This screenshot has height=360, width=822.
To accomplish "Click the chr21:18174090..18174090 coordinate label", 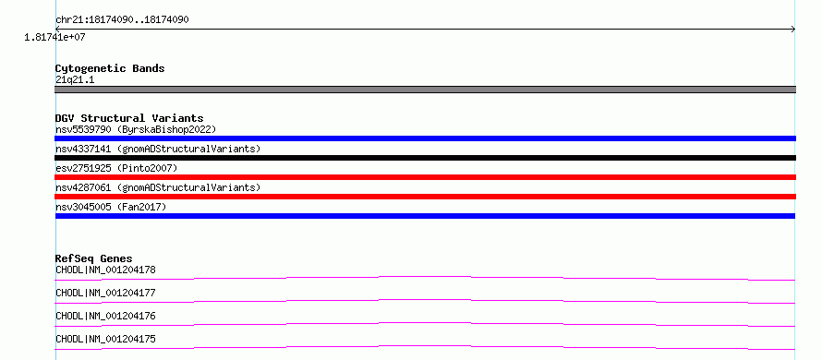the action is pos(122,20).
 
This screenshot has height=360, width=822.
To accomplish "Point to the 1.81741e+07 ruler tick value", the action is pos(54,38).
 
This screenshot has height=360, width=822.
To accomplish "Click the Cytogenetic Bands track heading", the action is pos(110,68).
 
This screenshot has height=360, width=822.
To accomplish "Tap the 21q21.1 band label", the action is pos(75,80).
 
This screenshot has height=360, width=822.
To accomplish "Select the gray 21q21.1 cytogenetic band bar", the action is pos(425,90).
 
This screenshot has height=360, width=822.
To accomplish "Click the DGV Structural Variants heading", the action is pos(129,118).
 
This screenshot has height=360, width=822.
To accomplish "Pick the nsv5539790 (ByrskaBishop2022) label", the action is pos(136,129).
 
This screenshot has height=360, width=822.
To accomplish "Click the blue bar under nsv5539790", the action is pos(425,138).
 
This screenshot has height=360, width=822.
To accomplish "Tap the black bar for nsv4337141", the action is pos(425,158).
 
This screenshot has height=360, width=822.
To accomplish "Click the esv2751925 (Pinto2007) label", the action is pos(116,168).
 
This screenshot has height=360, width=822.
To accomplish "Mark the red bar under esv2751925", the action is pos(425,177).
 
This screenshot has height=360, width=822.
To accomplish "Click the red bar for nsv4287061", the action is pos(425,197).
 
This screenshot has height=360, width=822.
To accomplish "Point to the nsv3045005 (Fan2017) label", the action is pos(111,207).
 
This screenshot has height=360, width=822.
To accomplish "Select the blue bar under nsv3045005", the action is pos(425,216).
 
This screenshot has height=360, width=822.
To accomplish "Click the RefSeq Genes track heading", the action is pos(94,258).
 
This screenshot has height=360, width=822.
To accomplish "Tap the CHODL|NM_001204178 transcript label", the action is pos(105,270).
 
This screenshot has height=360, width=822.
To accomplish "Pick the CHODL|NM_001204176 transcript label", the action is pos(105,316).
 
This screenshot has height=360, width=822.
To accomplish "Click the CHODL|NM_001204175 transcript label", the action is pos(105,339).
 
